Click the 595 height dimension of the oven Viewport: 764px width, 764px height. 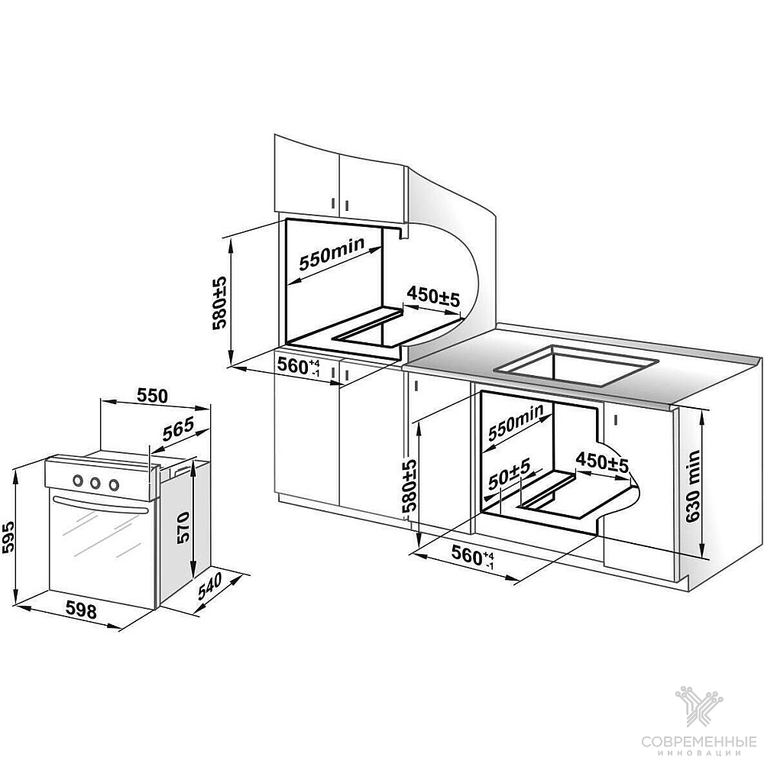(x=8, y=538)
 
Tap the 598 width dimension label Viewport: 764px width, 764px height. (x=82, y=610)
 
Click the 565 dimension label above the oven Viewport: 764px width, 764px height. (x=178, y=429)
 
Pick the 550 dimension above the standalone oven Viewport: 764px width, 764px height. (x=152, y=396)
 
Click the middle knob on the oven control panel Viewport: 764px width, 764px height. (x=95, y=482)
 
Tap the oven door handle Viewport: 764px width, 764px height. (x=101, y=504)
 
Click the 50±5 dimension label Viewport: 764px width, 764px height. (x=509, y=474)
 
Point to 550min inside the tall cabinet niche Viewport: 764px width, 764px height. (x=332, y=253)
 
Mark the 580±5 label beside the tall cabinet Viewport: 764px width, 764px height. (x=220, y=303)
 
